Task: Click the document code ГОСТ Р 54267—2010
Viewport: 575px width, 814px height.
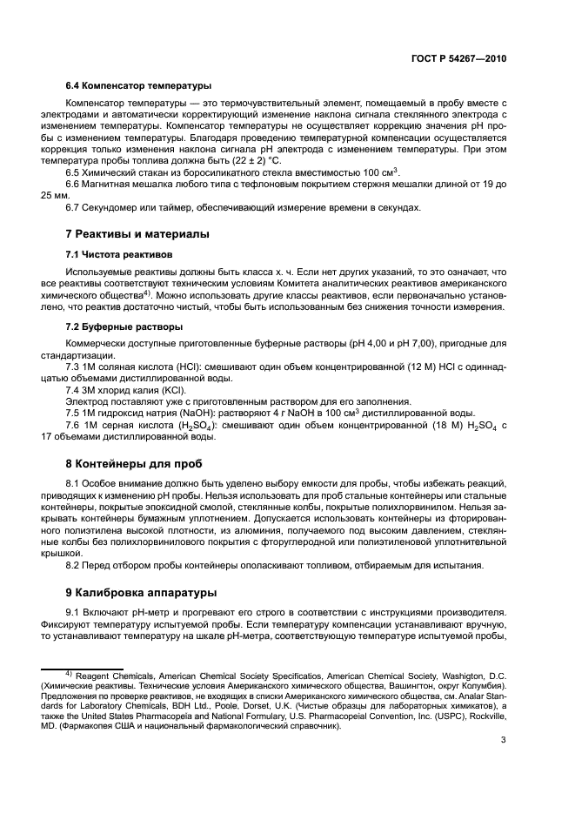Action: click(x=459, y=58)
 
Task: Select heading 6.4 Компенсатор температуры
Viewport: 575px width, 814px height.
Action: click(x=138, y=85)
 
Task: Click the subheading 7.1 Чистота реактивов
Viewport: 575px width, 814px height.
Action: click(x=120, y=254)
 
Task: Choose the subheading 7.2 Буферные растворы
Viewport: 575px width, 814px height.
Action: click(x=124, y=326)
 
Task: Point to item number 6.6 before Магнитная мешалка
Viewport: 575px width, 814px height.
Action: click(x=73, y=185)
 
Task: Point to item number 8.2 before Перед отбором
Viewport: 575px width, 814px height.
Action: click(x=73, y=566)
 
